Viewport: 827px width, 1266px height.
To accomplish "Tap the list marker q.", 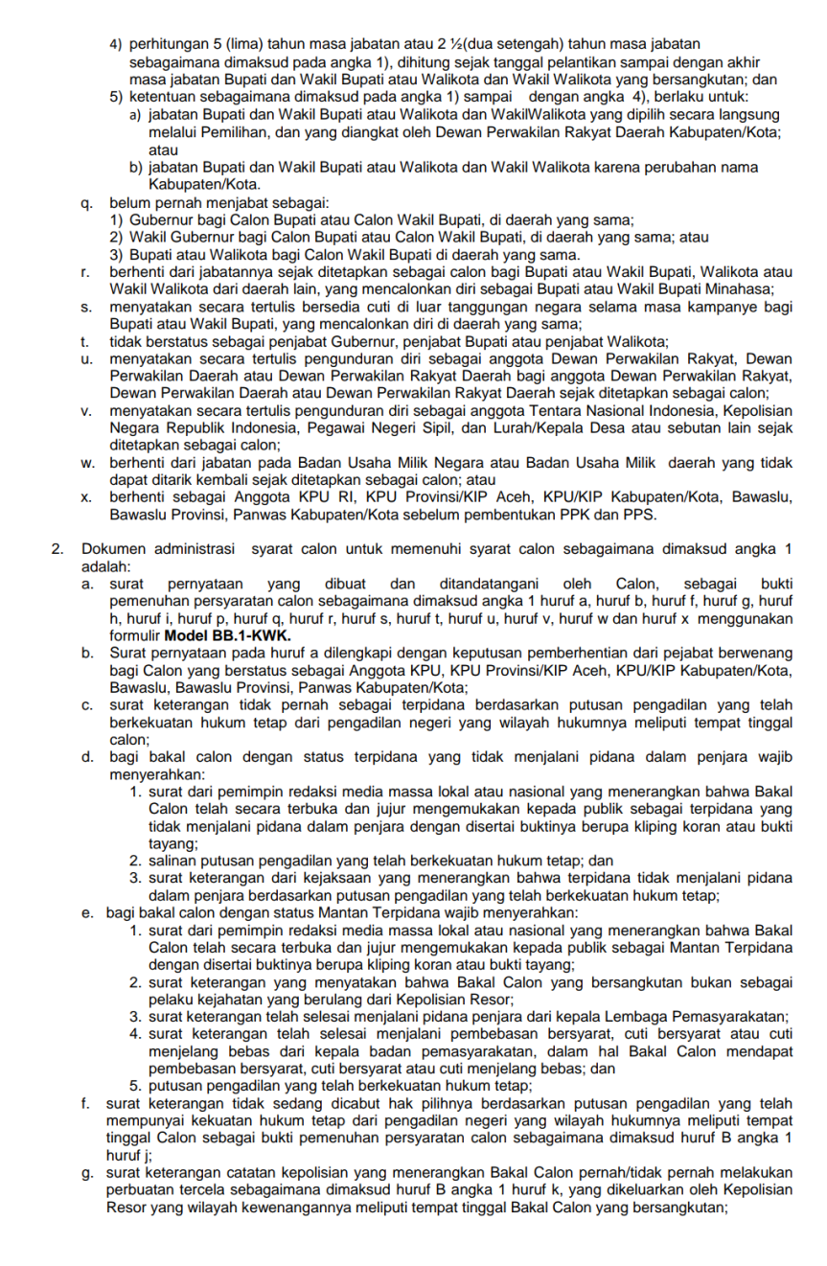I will click(x=87, y=203).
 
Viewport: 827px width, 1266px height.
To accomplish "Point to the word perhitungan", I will click(x=169, y=44).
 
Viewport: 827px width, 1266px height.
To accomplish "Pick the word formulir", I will click(x=134, y=635).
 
